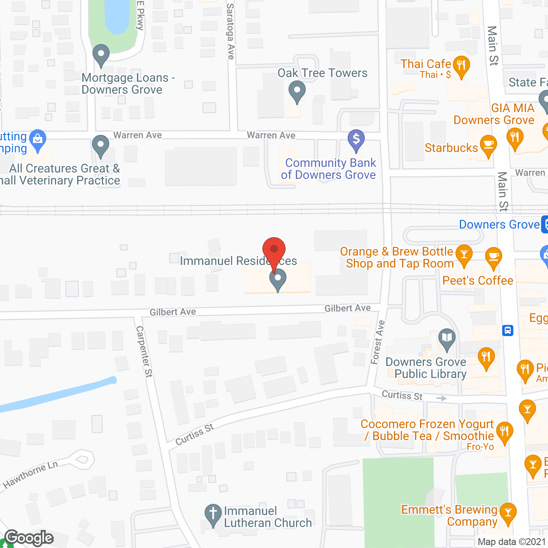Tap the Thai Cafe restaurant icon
tap(461, 66)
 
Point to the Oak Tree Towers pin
tap(297, 91)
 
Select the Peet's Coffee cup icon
tap(493, 257)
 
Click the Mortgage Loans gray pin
tap(101, 55)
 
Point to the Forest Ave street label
tap(378, 342)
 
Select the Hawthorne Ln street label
tap(30, 475)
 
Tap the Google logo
tap(29, 538)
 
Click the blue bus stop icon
tap(508, 331)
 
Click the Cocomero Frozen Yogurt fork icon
tap(504, 432)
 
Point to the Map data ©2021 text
tap(512, 542)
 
